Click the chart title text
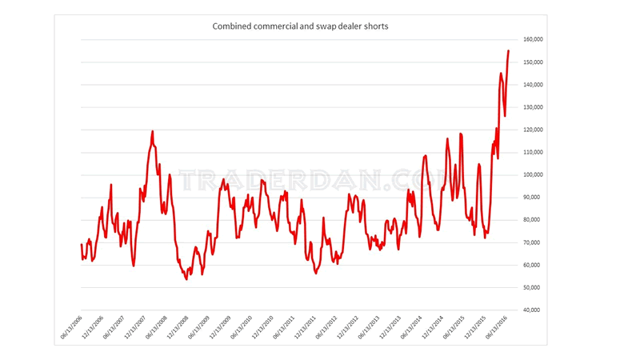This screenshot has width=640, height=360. click(300, 26)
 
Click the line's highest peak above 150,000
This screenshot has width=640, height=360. click(508, 51)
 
